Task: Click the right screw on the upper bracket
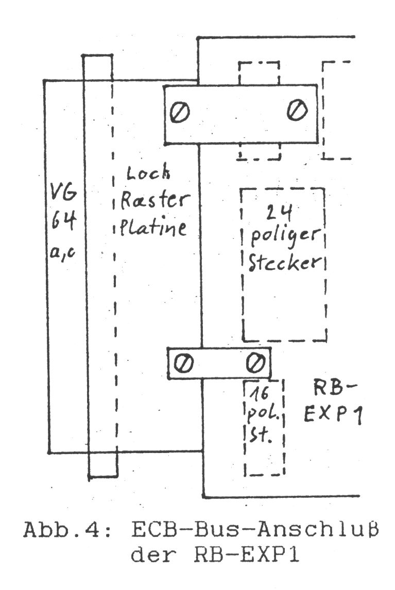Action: tap(297, 111)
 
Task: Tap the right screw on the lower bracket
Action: tap(253, 363)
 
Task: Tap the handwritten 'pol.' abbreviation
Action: tap(263, 416)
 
